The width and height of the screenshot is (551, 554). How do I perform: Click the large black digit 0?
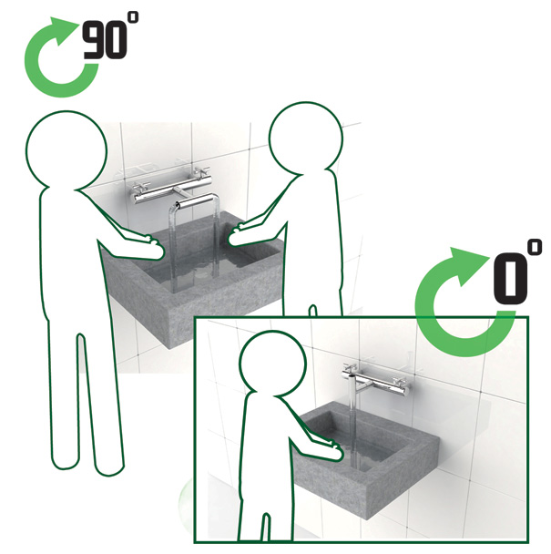click(510, 279)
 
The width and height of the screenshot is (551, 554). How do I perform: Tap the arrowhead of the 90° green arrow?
click(63, 30)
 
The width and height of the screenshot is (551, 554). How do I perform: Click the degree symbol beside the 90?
click(133, 17)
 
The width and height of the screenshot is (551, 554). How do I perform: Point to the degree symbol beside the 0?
click(536, 247)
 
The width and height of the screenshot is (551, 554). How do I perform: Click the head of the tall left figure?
click(66, 149)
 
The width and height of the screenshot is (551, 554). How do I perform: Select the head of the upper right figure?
click(306, 138)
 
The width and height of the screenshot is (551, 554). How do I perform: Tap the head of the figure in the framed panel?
click(272, 361)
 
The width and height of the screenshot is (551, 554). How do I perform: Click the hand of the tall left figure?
click(149, 246)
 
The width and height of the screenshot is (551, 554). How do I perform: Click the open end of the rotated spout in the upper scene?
click(177, 205)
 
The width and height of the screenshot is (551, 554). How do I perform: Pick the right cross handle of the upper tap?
click(200, 173)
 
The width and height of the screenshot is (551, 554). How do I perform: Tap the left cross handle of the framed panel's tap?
click(350, 370)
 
